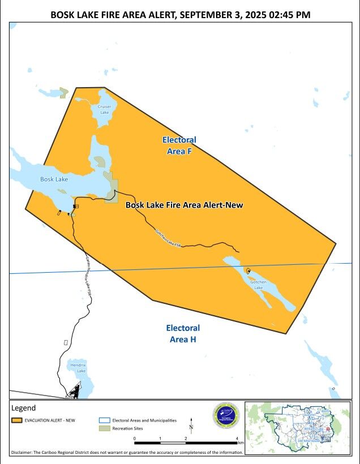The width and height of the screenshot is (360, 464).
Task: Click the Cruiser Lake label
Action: [x=104, y=109]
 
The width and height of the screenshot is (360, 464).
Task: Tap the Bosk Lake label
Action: [x=54, y=179]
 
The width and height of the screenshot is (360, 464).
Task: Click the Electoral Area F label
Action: [x=179, y=145]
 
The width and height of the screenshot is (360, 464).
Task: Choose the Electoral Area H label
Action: [x=183, y=333]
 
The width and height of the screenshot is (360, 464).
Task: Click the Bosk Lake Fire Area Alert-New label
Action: [x=184, y=205]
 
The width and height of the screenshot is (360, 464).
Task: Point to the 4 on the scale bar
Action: [x=237, y=439]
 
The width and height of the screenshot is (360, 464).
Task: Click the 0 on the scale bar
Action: [x=135, y=439]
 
